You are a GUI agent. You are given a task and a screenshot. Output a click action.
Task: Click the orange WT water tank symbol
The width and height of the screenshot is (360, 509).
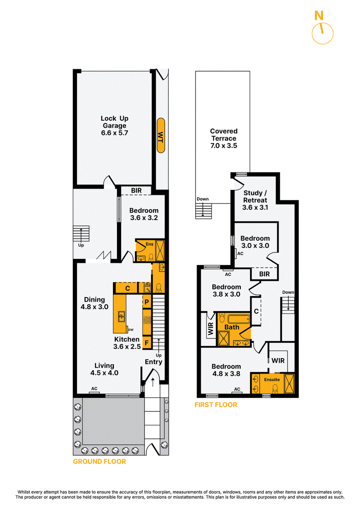pyautogui.click(x=161, y=135)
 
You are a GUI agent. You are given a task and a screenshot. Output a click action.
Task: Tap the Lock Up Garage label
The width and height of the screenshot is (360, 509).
pyautogui.click(x=115, y=126)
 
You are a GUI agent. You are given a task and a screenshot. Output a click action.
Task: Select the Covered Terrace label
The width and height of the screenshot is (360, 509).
pyautogui.click(x=224, y=138)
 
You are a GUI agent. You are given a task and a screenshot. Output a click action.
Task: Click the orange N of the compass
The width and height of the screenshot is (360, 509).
pyautogui.click(x=319, y=15)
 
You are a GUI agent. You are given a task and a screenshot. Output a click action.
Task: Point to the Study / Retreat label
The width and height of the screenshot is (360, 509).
pyautogui.click(x=255, y=200)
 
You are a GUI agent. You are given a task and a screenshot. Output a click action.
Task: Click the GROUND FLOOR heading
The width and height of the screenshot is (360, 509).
pyautogui.click(x=99, y=462)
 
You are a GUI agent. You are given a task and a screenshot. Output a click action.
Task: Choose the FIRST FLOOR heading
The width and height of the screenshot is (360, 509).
pyautogui.click(x=216, y=405)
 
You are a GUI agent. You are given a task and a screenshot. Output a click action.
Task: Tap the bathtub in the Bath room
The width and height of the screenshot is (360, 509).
pyautogui.click(x=238, y=319)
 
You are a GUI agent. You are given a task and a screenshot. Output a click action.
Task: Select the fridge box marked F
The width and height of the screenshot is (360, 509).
pyautogui.click(x=147, y=342)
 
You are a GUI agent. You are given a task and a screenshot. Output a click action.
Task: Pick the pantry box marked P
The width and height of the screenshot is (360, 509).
pyautogui.click(x=147, y=302)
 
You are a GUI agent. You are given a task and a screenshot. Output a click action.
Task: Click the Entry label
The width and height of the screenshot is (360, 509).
pyautogui.click(x=153, y=362)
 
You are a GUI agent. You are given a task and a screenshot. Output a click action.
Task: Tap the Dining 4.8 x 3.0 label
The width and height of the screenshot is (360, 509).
pyautogui.click(x=94, y=303)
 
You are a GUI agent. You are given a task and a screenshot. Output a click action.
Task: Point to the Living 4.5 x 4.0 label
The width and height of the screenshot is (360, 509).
pyautogui.click(x=104, y=369)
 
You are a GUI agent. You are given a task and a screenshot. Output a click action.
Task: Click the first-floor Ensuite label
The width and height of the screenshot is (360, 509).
pyautogui.click(x=272, y=379)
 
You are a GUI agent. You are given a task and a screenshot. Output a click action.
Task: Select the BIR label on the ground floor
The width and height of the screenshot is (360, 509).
pyautogui.click(x=136, y=190)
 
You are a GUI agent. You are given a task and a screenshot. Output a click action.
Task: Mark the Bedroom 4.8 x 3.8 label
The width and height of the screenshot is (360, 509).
pyautogui.click(x=226, y=370)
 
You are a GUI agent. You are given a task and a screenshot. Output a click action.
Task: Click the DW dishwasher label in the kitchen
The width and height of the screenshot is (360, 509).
pyautogui.click(x=131, y=330)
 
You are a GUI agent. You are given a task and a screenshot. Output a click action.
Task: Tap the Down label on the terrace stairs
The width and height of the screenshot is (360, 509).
pyautogui.click(x=202, y=199)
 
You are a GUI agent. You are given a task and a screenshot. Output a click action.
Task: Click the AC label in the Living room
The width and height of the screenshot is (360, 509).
pyautogui.click(x=94, y=388)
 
